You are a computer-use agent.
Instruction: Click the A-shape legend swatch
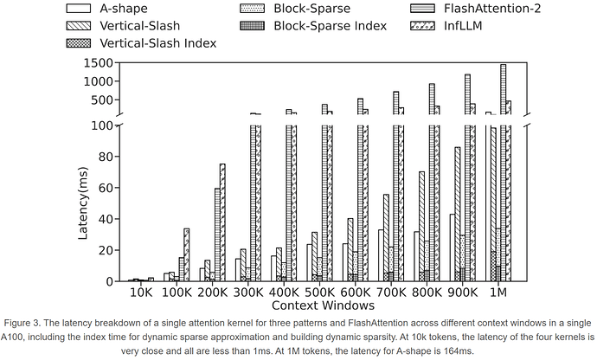tap(83, 10)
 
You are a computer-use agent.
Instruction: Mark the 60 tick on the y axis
tap(111, 188)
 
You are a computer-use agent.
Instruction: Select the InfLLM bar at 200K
tap(222, 222)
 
